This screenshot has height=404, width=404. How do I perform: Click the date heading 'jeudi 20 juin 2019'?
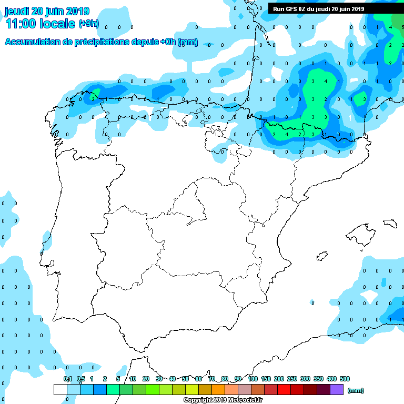pos(47,11)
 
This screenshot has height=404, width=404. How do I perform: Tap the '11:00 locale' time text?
pos(40,23)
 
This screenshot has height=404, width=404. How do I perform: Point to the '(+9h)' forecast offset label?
pos(88,23)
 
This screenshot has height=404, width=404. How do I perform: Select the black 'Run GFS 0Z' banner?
pos(318,8)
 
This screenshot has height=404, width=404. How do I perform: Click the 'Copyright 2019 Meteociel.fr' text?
pos(223,400)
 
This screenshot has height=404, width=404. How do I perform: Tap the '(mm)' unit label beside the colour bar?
pos(356,390)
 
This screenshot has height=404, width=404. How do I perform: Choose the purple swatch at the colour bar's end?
pos(337,389)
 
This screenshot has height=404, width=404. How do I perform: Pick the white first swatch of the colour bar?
pos(60,389)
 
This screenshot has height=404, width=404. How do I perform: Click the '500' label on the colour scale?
pos(345,379)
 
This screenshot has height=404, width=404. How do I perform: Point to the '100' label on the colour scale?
pos(252,379)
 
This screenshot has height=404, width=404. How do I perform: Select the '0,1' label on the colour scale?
pos(68,379)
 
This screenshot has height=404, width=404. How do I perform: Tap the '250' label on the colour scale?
pos(292,379)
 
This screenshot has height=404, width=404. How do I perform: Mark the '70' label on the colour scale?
pos(211,379)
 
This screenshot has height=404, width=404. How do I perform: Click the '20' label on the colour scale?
pos(146,379)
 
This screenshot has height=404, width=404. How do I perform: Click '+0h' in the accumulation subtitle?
pos(167,42)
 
